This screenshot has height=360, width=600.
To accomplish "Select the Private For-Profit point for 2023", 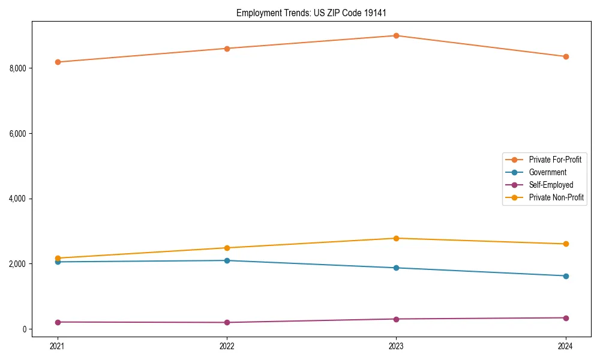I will pyautogui.click(x=396, y=35).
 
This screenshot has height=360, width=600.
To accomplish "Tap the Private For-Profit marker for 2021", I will pyautogui.click(x=58, y=62).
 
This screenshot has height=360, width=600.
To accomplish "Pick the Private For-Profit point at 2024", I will pyautogui.click(x=566, y=56).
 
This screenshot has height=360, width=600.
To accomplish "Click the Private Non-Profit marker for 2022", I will pyautogui.click(x=227, y=248).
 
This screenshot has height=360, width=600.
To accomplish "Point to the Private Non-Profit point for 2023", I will pyautogui.click(x=396, y=238).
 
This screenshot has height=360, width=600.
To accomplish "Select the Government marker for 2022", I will pyautogui.click(x=227, y=260).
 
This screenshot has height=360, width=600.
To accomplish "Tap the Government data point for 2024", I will pyautogui.click(x=566, y=276).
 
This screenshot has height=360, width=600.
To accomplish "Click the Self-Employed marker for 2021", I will pyautogui.click(x=58, y=322).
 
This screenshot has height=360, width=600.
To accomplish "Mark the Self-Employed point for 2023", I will pyautogui.click(x=396, y=319).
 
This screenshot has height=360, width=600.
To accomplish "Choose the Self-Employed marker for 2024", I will pyautogui.click(x=566, y=318).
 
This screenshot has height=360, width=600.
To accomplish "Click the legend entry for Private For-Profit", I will pyautogui.click(x=555, y=160).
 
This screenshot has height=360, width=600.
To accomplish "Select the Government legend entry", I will pyautogui.click(x=547, y=172).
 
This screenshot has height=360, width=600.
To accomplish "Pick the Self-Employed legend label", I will pyautogui.click(x=551, y=185).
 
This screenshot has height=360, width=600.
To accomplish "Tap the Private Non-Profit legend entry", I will pyautogui.click(x=556, y=197).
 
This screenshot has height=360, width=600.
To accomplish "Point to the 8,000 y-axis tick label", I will pyautogui.click(x=18, y=68).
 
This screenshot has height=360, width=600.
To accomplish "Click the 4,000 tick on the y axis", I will pyautogui.click(x=18, y=199).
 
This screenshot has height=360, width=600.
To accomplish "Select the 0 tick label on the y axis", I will pyautogui.click(x=24, y=329).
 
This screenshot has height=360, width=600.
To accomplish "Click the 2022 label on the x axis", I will pyautogui.click(x=227, y=346).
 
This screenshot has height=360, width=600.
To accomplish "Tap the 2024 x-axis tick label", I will pyautogui.click(x=566, y=346).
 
